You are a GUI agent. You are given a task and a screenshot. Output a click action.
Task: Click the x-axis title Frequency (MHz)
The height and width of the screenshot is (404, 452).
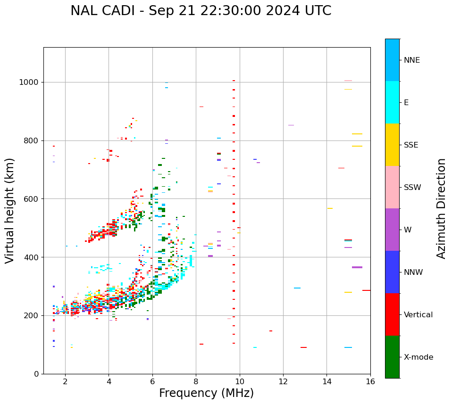pos(206,393)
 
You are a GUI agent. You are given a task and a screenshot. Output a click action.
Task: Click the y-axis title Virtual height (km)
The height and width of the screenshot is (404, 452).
pos(10,210)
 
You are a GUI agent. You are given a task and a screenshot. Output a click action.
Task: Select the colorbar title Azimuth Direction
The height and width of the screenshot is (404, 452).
pos(441,208)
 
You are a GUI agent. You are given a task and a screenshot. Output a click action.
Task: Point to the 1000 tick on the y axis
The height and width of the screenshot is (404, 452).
pos(31,82)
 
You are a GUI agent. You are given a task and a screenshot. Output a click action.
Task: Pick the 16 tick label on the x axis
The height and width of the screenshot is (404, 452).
pos(370,381)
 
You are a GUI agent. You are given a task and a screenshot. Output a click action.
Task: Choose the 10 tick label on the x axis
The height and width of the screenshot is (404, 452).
pos(239,381)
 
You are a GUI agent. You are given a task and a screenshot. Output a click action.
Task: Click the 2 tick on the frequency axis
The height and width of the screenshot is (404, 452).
pos(65,381)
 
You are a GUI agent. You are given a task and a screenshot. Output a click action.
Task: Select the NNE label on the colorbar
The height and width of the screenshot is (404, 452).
pos(411,60)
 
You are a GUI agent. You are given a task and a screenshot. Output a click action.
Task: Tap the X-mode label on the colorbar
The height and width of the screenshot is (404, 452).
pos(418,357)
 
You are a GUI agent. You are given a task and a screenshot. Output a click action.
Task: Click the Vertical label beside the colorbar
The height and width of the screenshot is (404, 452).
pos(418,315)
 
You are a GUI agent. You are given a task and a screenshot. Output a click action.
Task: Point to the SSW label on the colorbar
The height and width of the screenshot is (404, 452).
pos(412,188)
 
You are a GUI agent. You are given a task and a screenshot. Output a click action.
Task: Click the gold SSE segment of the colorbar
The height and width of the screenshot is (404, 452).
pos(392,145)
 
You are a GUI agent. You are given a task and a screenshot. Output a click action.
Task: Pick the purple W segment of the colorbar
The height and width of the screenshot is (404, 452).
pos(392,230)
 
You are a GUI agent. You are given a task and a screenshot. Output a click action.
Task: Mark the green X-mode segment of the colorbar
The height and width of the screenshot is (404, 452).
pos(392,357)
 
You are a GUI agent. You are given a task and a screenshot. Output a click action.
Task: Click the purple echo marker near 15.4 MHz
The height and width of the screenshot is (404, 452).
pos(357,267)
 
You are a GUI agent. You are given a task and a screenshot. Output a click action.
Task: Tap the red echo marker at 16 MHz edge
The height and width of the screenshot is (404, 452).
pos(366,290)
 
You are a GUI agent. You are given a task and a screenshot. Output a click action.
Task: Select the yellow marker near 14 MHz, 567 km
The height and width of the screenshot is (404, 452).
pos(330,208)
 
